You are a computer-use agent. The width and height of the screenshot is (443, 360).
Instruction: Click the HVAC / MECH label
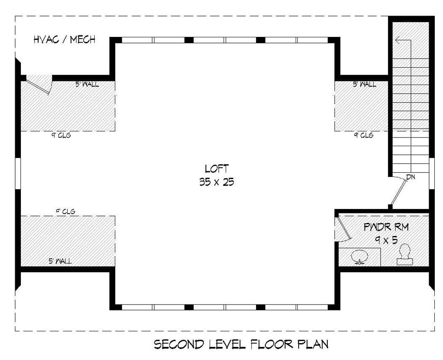[x=64, y=39]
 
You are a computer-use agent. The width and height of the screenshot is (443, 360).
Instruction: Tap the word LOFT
[x=217, y=169]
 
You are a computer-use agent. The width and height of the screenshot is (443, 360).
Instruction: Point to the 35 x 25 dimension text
[x=217, y=182]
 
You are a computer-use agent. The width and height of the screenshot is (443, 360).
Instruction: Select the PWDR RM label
[x=386, y=227]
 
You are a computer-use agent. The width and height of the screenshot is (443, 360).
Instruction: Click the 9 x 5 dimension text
[x=386, y=240]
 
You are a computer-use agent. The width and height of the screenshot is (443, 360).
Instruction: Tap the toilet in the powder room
[x=404, y=255]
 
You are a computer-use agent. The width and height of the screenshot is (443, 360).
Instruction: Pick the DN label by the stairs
[x=411, y=177]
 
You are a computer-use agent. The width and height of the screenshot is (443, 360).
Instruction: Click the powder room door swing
[x=343, y=229]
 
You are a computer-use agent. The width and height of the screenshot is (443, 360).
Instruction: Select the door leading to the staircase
[x=398, y=191]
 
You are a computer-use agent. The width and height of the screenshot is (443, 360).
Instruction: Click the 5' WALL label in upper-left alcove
[x=87, y=84]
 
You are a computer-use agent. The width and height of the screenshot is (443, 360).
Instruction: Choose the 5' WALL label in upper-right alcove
[x=365, y=84]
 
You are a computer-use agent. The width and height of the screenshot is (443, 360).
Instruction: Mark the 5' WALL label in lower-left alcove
[x=60, y=261]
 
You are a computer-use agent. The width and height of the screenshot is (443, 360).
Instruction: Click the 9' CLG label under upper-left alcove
[x=61, y=135]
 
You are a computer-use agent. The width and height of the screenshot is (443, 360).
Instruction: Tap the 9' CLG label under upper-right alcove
[x=363, y=135]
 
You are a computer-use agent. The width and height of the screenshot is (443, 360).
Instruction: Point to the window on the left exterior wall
[x=18, y=173]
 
